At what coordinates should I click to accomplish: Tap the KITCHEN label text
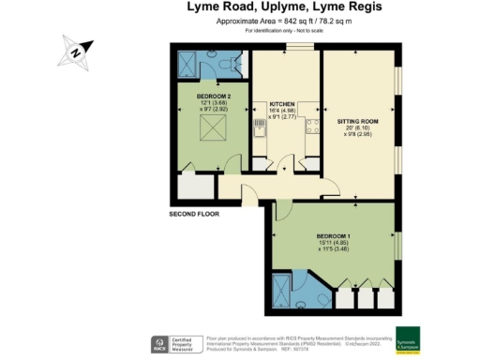click(282, 103)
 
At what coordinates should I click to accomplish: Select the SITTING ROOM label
click(357, 122)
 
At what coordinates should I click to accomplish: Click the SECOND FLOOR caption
click(194, 214)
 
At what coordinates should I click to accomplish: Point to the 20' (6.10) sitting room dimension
click(357, 132)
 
